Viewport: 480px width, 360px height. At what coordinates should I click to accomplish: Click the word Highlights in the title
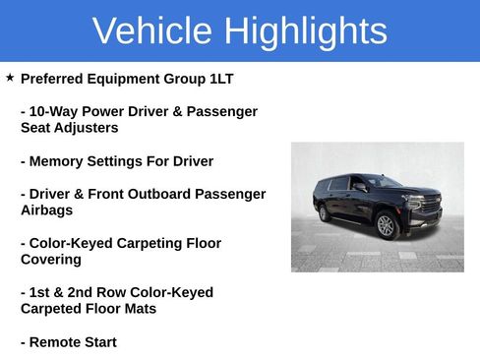pyautogui.click(x=305, y=31)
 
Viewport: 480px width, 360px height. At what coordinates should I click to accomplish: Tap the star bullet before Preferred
pyautogui.click(x=10, y=77)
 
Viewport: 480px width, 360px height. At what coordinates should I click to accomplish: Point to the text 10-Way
pyautogui.click(x=54, y=111)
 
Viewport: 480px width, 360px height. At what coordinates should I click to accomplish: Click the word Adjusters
pyautogui.click(x=87, y=128)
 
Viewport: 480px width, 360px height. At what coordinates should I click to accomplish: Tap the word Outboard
pyautogui.click(x=156, y=194)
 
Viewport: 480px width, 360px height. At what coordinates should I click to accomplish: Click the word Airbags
pyautogui.click(x=46, y=210)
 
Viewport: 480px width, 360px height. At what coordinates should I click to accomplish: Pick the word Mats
pyautogui.click(x=138, y=309)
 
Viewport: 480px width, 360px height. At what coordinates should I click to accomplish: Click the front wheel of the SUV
pyautogui.click(x=386, y=225)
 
